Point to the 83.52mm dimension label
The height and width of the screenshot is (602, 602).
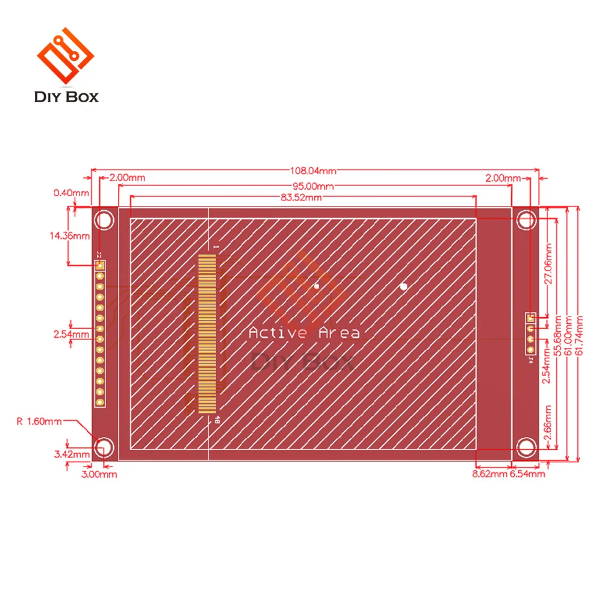coord(300,197)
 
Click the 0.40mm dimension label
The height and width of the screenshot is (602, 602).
coord(70,193)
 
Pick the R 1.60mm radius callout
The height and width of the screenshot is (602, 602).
coord(39,421)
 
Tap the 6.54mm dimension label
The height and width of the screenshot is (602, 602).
coord(527,474)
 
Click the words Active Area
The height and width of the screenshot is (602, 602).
coord(304,333)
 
